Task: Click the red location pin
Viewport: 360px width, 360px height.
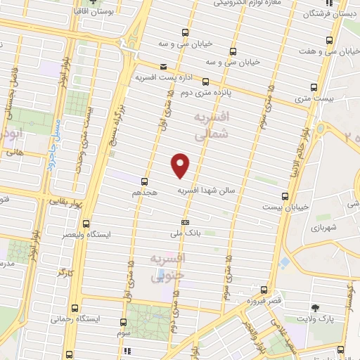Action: [x=181, y=165]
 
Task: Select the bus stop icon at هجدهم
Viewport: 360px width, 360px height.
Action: [x=144, y=181]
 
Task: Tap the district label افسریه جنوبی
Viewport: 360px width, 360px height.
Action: [x=166, y=268]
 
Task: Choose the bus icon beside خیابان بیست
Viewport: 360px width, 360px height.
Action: [x=284, y=196]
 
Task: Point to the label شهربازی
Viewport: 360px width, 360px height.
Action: [x=324, y=227]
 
